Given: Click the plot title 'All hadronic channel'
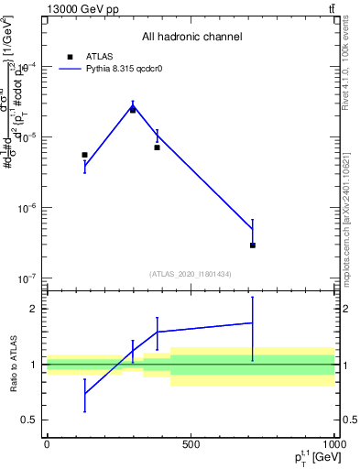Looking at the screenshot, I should coord(191,38).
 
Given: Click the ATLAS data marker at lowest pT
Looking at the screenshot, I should coord(84,155).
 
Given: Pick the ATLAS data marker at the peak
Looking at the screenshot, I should coord(133,110).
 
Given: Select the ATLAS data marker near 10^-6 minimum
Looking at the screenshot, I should coord(252,245).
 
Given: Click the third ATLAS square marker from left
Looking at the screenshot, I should coord(157,147).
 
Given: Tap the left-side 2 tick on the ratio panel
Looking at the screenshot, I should coord(34,309).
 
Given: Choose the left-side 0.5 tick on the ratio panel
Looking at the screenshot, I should coord(30,420).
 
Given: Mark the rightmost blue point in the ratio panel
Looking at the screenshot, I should coord(252,322).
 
